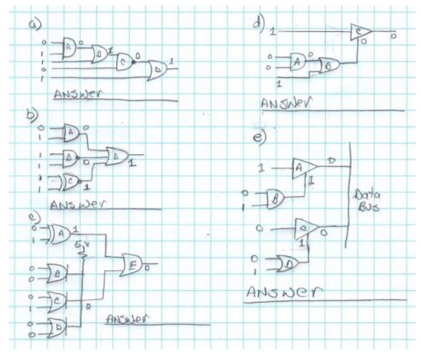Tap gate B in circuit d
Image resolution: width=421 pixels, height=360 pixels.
[330, 66]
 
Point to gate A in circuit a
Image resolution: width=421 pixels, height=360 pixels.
[69, 46]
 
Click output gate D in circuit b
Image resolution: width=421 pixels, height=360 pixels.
[117, 155]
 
